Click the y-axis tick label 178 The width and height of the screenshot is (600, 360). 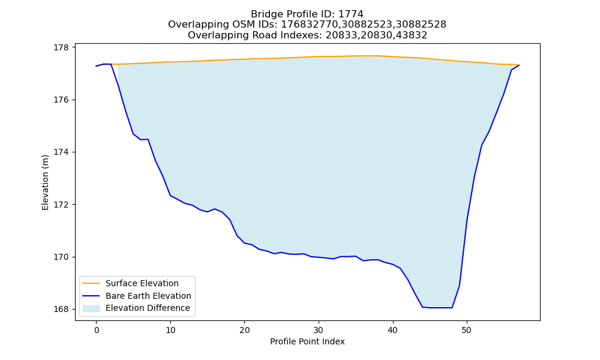tap(61, 48)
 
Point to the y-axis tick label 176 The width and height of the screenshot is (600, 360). tap(61, 100)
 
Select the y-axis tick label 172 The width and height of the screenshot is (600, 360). tap(61, 205)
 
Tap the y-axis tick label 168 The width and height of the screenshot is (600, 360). tap(61, 309)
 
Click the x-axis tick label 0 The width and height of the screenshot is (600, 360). tap(97, 330)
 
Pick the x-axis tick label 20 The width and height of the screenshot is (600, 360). tap(245, 330)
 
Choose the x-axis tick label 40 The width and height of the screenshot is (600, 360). tap(392, 330)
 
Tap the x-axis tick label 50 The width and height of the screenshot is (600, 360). tap(467, 330)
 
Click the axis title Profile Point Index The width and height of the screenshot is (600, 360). tap(307, 341)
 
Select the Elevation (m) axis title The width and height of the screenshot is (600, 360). tap(45, 182)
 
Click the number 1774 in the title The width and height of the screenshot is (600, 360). tap(350, 14)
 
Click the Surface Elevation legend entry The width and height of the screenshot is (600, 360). tap(142, 283)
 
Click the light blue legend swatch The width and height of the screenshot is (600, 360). tap(91, 308)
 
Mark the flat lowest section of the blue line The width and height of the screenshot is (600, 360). tap(437, 308)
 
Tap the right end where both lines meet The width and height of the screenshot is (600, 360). tap(519, 65)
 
